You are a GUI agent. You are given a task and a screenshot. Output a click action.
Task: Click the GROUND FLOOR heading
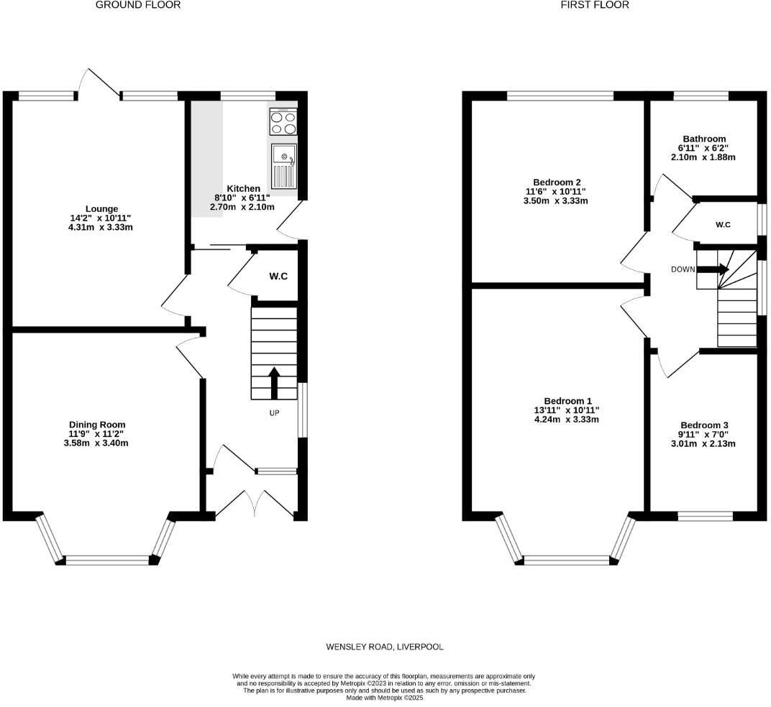click(137, 5)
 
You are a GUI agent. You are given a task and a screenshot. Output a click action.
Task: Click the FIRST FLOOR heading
click(595, 5)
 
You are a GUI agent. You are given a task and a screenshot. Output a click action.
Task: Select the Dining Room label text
click(97, 425)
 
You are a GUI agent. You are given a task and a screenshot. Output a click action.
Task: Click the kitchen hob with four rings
click(283, 121)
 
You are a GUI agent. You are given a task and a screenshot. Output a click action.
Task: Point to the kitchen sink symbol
click(283, 165)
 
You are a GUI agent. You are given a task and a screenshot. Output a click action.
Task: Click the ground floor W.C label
click(278, 276)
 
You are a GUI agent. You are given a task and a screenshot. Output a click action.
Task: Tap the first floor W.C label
click(723, 225)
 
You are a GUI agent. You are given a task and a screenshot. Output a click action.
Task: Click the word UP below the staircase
click(274, 413)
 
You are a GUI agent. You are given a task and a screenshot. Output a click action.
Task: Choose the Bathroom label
click(704, 139)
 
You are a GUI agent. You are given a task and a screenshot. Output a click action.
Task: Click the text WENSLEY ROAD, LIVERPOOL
click(385, 647)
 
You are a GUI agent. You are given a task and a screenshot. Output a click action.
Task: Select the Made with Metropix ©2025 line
click(384, 698)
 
